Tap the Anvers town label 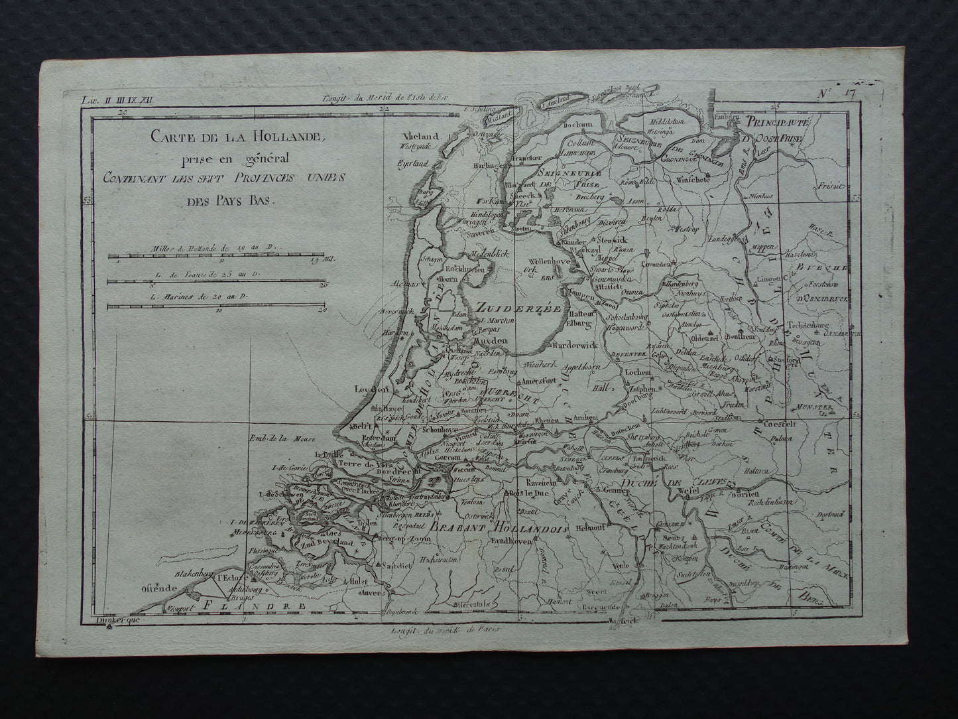tap(376, 594)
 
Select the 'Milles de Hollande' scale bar tap(215, 255)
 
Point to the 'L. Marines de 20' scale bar tap(215, 306)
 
